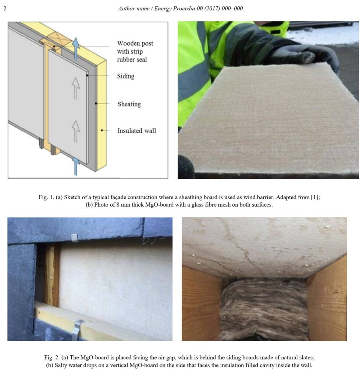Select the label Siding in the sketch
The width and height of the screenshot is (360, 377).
click(125, 76)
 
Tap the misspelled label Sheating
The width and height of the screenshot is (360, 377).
click(129, 104)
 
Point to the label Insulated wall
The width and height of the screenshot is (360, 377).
click(136, 131)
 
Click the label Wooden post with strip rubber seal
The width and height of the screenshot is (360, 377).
click(135, 51)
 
